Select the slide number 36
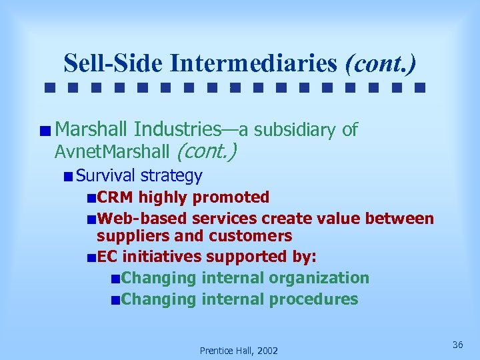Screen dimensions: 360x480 457,345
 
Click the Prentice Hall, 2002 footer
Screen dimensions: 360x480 239,351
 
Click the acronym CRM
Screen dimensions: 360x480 115,197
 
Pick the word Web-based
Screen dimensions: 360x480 141,219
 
